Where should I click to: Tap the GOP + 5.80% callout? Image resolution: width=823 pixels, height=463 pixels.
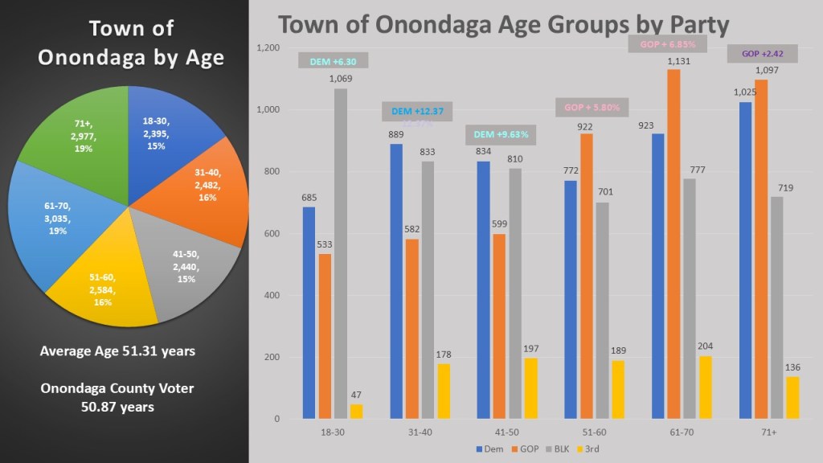586,107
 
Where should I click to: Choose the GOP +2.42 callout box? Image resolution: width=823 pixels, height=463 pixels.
763,54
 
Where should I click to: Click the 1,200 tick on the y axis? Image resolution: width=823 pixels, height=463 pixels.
268,48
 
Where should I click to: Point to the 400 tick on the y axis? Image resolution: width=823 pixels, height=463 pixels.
271,296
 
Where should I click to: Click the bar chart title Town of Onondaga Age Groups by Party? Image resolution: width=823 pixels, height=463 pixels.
502,23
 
